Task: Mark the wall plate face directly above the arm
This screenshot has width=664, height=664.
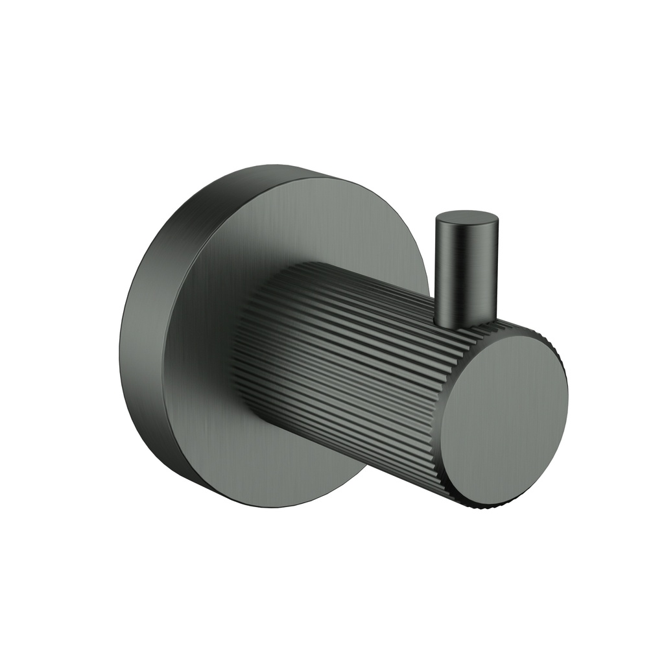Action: [311, 220]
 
